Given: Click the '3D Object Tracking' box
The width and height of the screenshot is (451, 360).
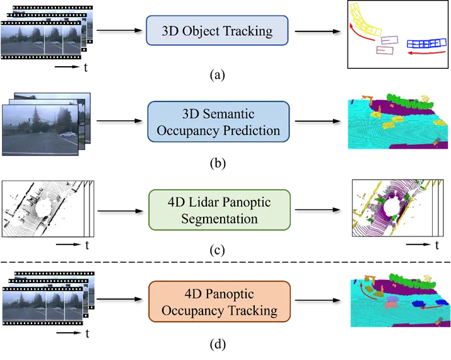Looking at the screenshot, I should (217, 31).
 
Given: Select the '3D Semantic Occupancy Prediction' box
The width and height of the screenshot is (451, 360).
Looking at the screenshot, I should (218, 123).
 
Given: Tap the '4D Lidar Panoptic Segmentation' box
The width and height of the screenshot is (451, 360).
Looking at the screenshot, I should (219, 211).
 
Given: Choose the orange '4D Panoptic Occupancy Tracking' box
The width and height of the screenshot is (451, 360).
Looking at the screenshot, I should (219, 302).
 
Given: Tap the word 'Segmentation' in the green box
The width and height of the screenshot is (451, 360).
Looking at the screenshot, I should (219, 219).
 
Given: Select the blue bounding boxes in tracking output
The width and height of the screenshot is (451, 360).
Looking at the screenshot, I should (426, 44).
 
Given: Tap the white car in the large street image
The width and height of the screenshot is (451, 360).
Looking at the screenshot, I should (66, 134).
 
